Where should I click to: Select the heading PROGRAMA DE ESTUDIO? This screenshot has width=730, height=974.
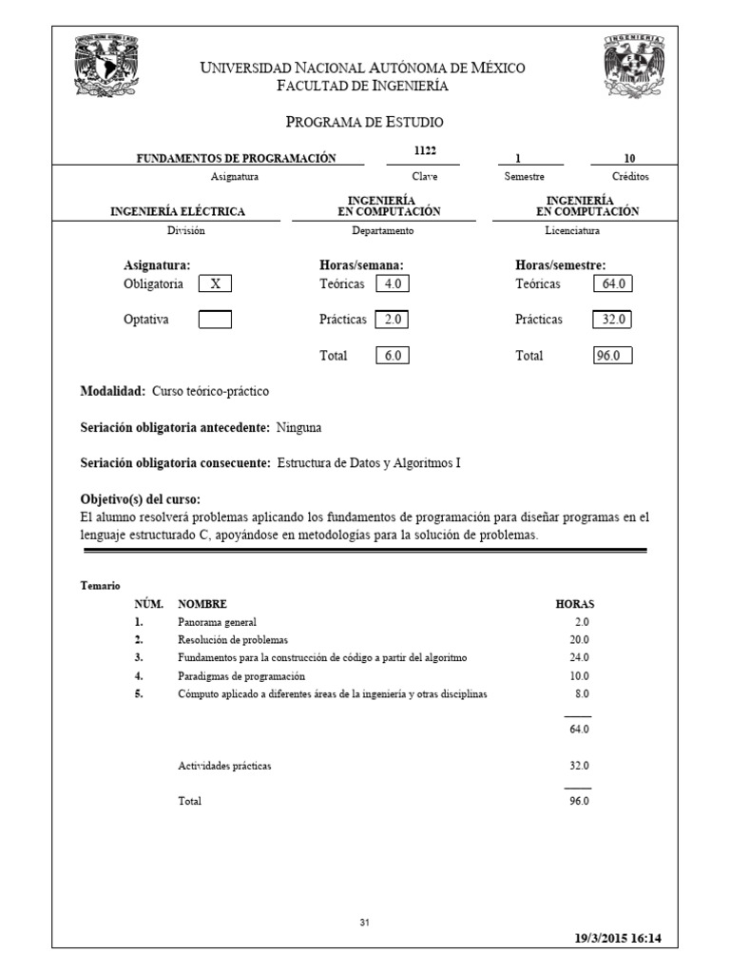pyautogui.click(x=364, y=122)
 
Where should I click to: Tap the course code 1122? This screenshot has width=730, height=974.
pyautogui.click(x=425, y=152)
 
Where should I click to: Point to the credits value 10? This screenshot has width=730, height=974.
pyautogui.click(x=629, y=158)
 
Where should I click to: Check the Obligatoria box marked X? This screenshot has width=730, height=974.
pyautogui.click(x=215, y=283)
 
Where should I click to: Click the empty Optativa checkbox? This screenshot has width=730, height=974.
pyautogui.click(x=215, y=320)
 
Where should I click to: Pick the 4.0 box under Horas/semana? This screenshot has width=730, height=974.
pyautogui.click(x=393, y=283)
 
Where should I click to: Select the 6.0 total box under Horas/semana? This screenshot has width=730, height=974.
pyautogui.click(x=393, y=356)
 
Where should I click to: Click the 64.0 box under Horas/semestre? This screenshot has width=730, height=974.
pyautogui.click(x=612, y=283)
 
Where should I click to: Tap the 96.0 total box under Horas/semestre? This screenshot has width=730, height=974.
pyautogui.click(x=612, y=356)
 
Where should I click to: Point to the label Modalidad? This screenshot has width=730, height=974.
pyautogui.click(x=112, y=391)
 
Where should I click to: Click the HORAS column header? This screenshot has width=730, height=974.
pyautogui.click(x=575, y=604)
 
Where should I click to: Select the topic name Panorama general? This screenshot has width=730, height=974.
pyautogui.click(x=217, y=622)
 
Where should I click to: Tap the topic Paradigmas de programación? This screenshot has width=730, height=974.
pyautogui.click(x=241, y=676)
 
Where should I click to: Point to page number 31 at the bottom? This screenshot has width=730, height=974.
pyautogui.click(x=365, y=923)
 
